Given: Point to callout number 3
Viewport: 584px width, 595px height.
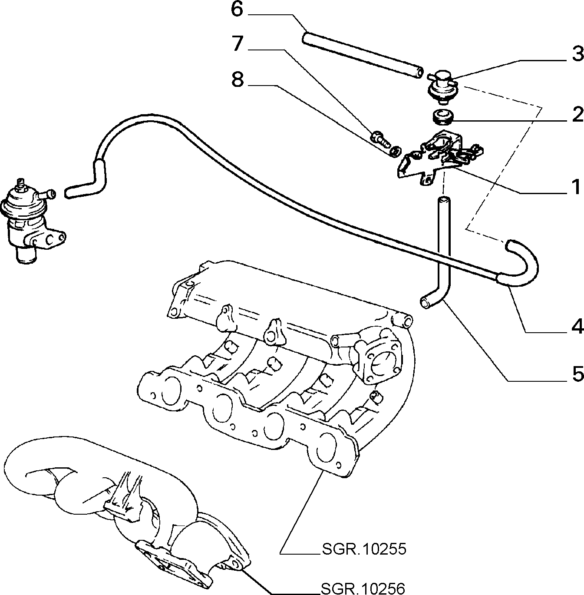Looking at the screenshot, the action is (x=577, y=54).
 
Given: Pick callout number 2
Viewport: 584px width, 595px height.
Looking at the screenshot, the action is (x=577, y=115).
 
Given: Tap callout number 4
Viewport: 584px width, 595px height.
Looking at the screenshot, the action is (x=576, y=326).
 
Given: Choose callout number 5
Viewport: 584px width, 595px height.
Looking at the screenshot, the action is (x=577, y=374).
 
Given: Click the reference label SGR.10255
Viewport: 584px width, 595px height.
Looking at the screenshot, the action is (x=364, y=549).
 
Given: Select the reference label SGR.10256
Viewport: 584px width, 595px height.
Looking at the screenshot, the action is (x=363, y=588).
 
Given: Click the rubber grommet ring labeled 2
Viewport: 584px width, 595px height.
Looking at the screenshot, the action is (x=442, y=117).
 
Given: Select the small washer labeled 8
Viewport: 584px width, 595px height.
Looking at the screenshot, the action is (x=394, y=152).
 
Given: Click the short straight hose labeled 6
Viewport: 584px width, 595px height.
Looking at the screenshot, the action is (x=363, y=56).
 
